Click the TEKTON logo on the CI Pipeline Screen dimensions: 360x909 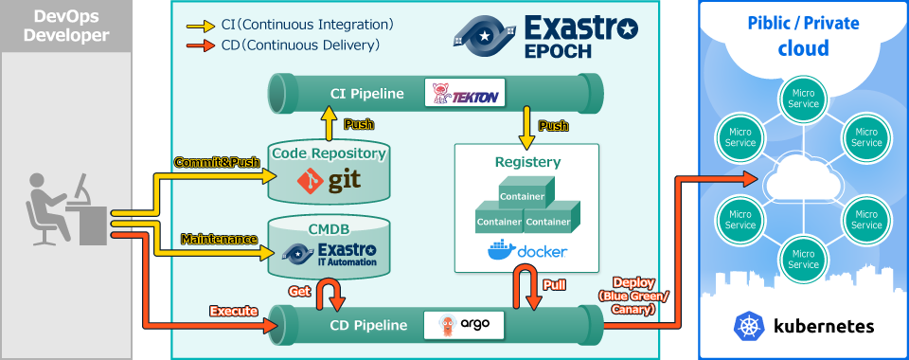tap(463, 92)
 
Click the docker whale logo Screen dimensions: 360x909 tap(499, 251)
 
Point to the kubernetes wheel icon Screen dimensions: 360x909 tap(748, 327)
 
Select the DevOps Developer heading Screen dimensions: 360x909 tap(65, 26)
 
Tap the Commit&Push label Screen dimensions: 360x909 tap(217, 162)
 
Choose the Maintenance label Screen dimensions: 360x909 tap(219, 239)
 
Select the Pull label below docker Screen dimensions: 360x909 tap(555, 284)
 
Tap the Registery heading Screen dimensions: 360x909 tap(527, 162)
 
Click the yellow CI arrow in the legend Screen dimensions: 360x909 tap(200, 25)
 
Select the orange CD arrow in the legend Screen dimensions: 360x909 tap(200, 45)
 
